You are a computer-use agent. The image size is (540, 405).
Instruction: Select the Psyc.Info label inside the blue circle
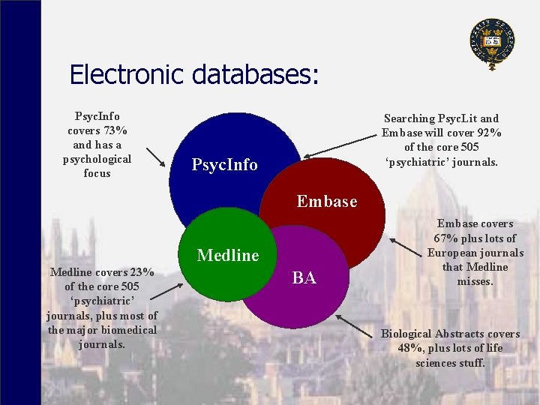224,165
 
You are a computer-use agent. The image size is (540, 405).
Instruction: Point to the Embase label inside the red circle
327,202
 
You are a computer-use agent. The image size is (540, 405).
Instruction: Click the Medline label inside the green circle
227,256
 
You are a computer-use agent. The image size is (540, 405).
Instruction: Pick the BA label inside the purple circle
304,279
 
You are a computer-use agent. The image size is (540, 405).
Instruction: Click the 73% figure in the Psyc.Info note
115,130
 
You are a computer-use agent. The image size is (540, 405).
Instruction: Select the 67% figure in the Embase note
450,238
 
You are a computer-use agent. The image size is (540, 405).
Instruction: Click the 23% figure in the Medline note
143,272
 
